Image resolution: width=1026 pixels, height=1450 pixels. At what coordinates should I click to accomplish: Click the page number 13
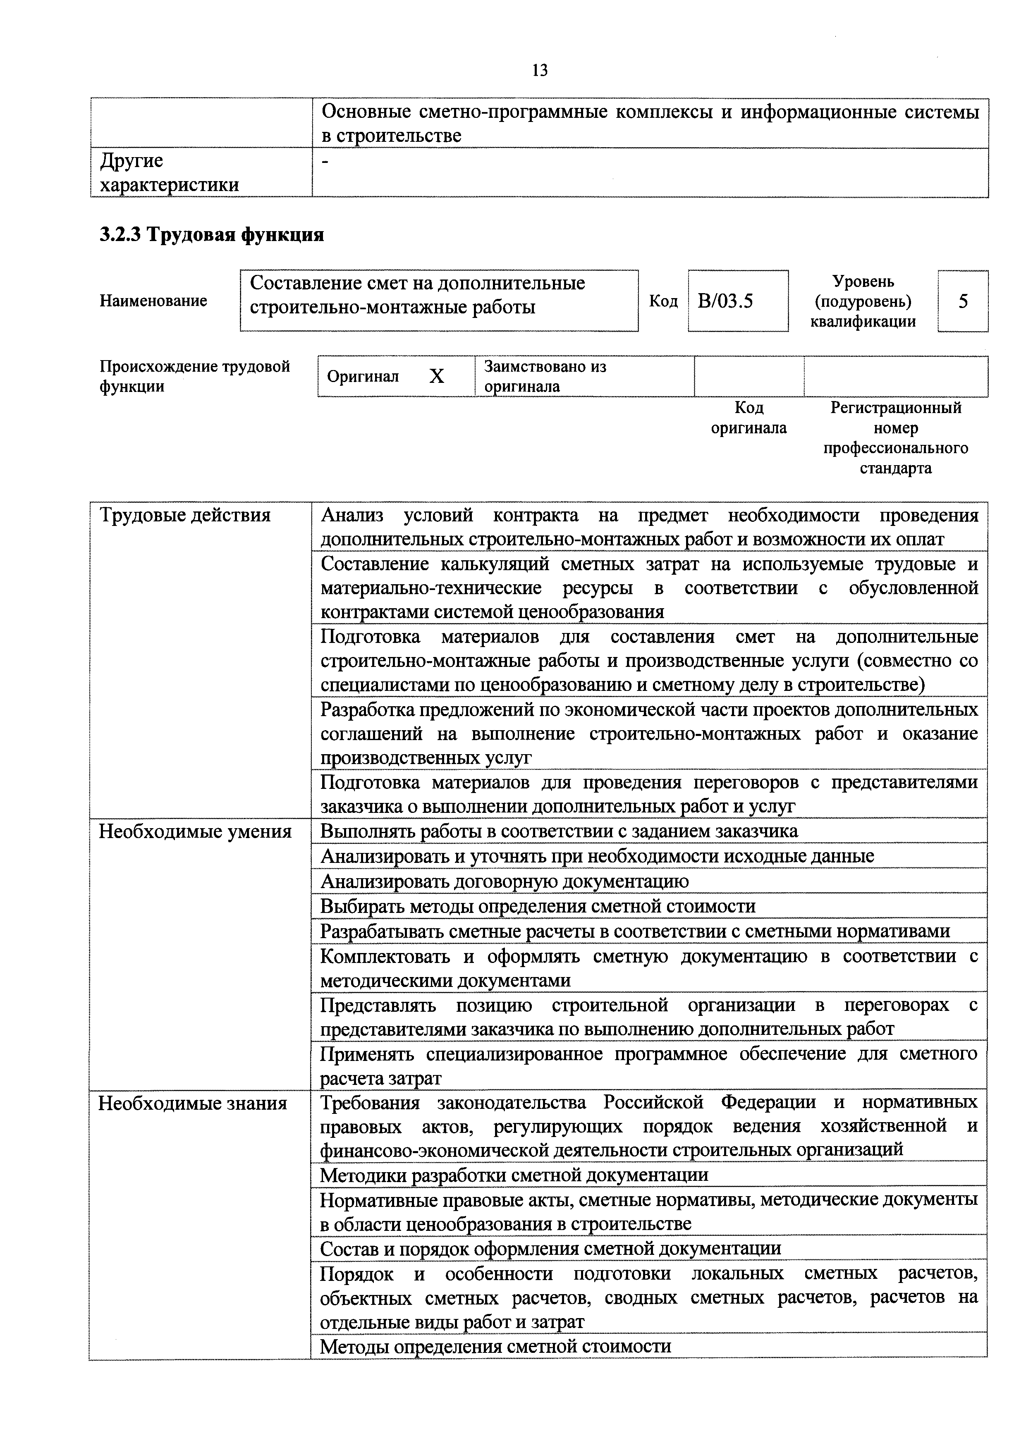540,70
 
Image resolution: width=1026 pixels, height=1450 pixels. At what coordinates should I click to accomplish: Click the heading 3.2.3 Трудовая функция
212,235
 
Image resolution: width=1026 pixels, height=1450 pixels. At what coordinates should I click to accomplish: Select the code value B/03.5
725,301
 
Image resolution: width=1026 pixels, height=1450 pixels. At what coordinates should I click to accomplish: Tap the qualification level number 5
963,302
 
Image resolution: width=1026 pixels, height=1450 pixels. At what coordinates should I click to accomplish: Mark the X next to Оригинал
437,377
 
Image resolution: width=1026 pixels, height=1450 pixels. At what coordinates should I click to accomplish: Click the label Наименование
153,301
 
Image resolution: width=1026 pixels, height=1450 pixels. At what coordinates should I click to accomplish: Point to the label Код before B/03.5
663,301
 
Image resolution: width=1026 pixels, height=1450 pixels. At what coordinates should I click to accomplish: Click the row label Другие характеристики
169,172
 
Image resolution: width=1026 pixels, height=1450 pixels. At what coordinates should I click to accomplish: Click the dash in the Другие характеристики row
325,163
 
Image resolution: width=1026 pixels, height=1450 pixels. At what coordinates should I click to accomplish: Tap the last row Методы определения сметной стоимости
495,1346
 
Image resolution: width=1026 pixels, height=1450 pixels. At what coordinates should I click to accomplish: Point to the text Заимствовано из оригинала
545,376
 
